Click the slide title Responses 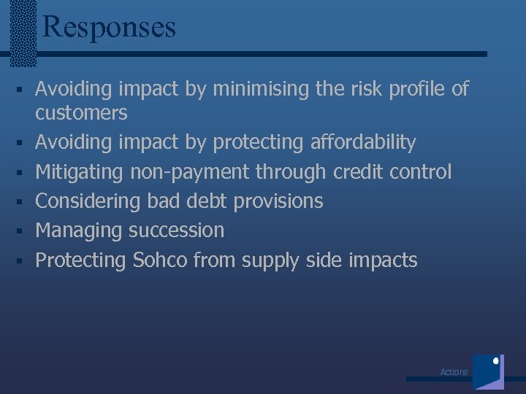109,27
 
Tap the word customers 81,113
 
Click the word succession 176,230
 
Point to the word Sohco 159,260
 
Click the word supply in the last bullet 278,260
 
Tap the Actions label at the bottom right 454,372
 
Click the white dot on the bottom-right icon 496,360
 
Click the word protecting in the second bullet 251,142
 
